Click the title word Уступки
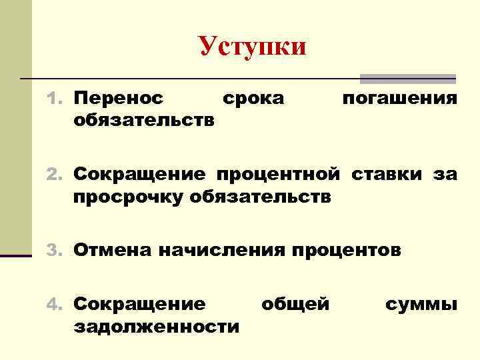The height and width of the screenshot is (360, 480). [x=252, y=46]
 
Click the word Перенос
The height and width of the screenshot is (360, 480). [x=119, y=99]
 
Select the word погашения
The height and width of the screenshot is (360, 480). [x=399, y=99]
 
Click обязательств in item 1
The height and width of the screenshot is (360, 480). [x=144, y=121]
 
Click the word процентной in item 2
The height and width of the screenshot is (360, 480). [x=278, y=175]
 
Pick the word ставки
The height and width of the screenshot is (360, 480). [x=386, y=175]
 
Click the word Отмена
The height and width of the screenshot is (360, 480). [x=113, y=251]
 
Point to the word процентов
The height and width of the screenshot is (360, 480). [x=347, y=251]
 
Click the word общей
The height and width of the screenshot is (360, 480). [x=295, y=305]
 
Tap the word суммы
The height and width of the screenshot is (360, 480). [x=421, y=305]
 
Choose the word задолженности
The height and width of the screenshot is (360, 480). [x=156, y=327]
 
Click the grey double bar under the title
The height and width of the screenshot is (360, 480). [x=408, y=79]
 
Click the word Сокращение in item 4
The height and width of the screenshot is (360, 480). [x=139, y=305]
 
